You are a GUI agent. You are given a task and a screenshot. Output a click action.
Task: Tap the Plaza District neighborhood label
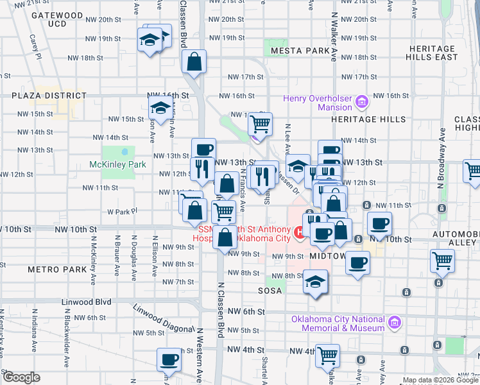[x=49, y=96]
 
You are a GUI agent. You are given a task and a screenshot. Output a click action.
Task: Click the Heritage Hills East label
[x=434, y=53]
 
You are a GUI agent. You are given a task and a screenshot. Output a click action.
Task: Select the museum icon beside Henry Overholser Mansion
[x=361, y=101]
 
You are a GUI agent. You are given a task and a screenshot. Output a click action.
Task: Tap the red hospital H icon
[x=299, y=232]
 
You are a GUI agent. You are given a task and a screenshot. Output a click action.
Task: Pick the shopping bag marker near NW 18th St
[x=193, y=62]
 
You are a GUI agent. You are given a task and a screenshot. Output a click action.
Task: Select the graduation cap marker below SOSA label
[x=315, y=282]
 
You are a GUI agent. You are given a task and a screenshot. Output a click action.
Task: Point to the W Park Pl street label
[x=119, y=211]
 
